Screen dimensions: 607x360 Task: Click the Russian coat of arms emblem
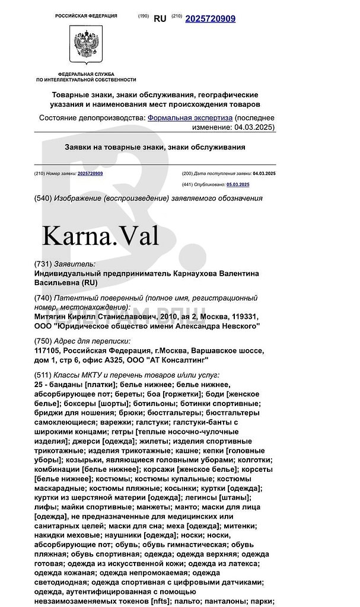click(86, 46)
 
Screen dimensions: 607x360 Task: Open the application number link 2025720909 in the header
click(210, 19)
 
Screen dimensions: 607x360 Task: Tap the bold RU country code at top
click(160, 19)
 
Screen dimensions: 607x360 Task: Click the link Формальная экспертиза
click(190, 118)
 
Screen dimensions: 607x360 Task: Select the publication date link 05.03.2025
click(238, 184)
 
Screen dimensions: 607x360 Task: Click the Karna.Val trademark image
click(100, 236)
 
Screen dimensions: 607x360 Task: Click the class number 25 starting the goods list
click(39, 385)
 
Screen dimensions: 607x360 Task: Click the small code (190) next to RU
click(144, 16)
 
